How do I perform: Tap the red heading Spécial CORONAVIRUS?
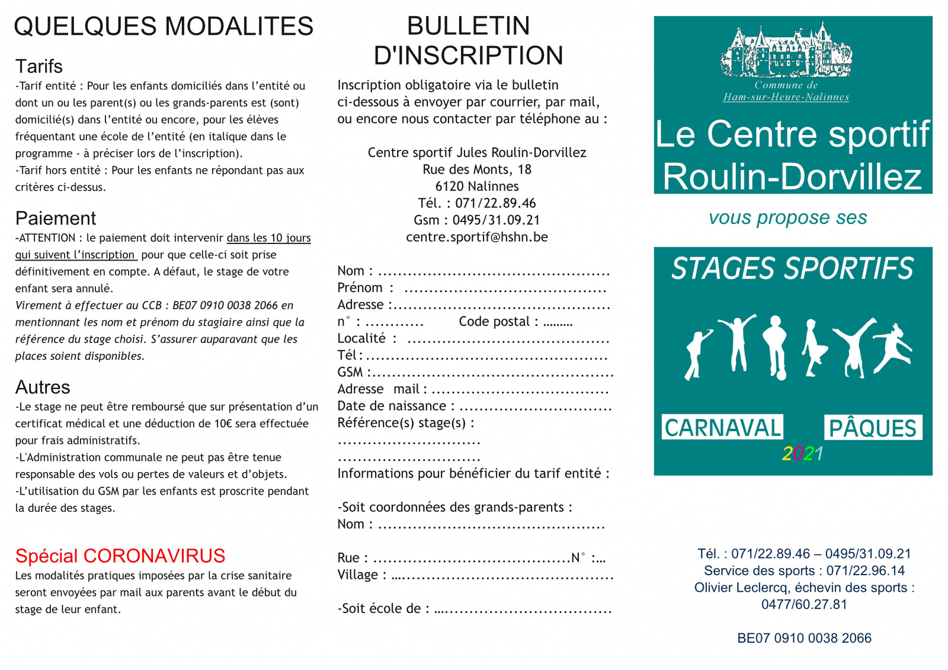pos(120,556)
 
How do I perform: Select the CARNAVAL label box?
pos(722,427)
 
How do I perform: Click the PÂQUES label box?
pos(873,428)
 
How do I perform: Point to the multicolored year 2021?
pos(802,454)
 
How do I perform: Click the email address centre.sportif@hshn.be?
pos(477,237)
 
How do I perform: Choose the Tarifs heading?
pos(39,66)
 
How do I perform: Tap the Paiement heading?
pos(56,219)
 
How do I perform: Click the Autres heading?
pos(43,387)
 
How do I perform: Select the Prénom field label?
pos(360,288)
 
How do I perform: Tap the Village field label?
pos(357,575)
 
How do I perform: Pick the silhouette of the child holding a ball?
pos(776,348)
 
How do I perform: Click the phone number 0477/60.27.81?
pos(804,605)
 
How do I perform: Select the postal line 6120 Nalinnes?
pos(477,187)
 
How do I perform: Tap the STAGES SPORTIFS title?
pos(793,268)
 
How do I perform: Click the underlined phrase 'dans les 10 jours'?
pos(268,238)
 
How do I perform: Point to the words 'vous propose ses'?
pos(787,218)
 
